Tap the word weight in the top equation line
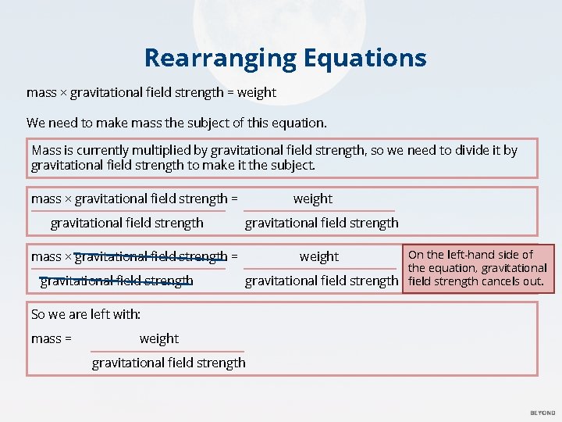tap(257, 92)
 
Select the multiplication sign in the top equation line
tap(63, 93)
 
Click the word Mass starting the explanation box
tap(46, 150)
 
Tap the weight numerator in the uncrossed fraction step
tap(312, 198)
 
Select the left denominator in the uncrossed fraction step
tap(126, 223)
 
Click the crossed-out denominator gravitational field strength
tap(116, 281)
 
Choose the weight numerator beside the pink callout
tap(318, 256)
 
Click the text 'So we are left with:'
tap(86, 314)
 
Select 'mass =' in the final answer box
tap(52, 338)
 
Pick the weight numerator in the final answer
tap(159, 338)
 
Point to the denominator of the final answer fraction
tap(169, 363)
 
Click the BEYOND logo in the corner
tap(542, 413)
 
